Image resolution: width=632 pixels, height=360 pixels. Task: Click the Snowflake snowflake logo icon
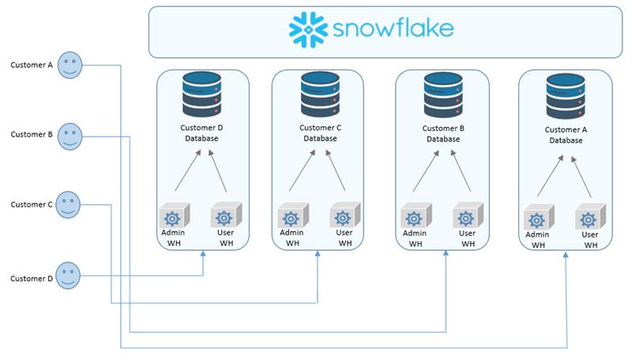(308, 29)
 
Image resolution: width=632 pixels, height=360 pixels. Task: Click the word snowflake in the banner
(393, 28)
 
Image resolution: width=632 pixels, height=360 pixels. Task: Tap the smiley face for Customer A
(70, 65)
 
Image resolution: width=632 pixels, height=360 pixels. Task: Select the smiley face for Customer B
(70, 137)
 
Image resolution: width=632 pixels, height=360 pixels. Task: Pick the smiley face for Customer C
(68, 204)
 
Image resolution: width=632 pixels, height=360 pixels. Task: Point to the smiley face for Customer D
(68, 276)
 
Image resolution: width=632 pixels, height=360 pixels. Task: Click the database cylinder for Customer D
(201, 94)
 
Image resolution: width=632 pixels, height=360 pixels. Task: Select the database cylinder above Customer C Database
(320, 94)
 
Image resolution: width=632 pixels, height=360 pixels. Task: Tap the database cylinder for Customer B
(443, 95)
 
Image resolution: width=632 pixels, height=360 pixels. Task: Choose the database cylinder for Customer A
(566, 96)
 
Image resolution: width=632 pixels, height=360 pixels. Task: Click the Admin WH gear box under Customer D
(174, 216)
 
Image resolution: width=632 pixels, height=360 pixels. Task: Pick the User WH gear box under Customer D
(226, 215)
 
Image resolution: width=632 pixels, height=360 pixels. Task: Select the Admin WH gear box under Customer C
(293, 216)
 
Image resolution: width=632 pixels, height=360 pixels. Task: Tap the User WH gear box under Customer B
(468, 216)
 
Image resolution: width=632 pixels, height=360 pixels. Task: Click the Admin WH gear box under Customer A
(539, 217)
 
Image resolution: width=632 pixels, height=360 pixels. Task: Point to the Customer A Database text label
(566, 135)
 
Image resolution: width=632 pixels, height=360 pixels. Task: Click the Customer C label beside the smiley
(32, 204)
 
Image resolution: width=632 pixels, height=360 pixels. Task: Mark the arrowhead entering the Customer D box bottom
(203, 253)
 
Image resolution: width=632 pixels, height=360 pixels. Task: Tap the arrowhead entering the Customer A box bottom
(566, 255)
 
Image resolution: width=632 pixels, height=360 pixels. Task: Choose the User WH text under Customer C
(344, 238)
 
